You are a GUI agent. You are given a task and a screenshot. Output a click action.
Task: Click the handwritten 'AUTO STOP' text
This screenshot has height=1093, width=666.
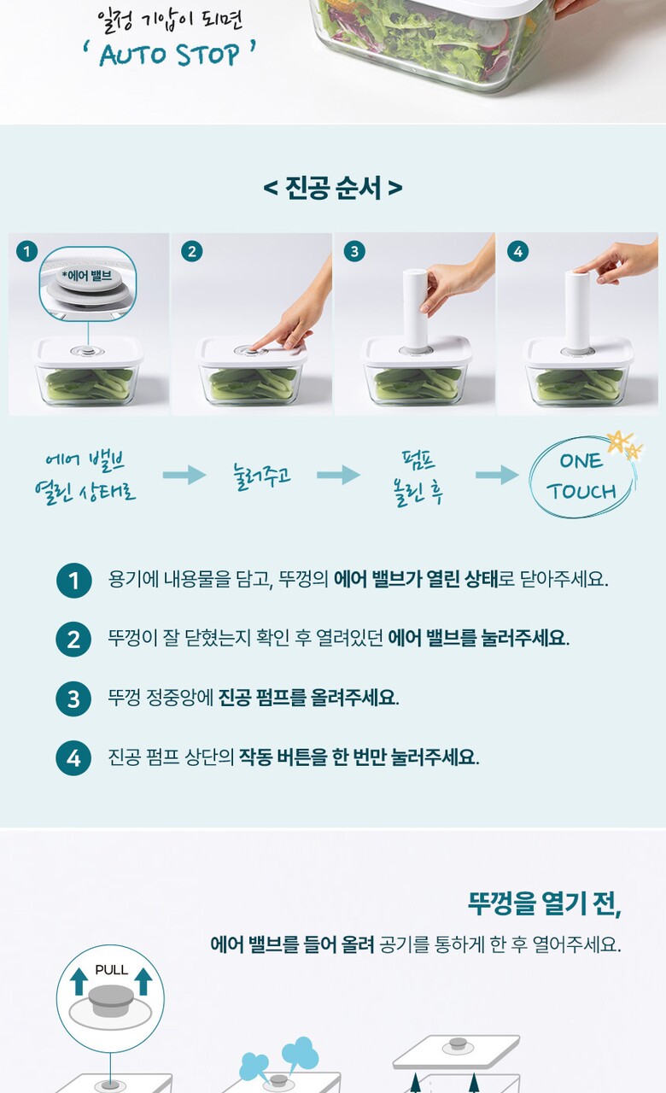(169, 54)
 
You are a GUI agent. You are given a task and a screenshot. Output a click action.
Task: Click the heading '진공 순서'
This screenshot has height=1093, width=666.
(333, 187)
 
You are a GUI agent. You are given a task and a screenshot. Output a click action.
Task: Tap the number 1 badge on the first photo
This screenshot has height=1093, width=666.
(26, 251)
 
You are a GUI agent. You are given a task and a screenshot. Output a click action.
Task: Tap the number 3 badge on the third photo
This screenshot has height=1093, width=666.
(354, 251)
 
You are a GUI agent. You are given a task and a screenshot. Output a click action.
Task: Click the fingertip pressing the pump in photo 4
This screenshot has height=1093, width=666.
(581, 269)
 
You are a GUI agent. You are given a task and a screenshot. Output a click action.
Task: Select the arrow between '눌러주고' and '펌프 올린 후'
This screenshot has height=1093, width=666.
(338, 474)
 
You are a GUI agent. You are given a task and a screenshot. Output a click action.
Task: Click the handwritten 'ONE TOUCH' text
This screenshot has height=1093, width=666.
(581, 476)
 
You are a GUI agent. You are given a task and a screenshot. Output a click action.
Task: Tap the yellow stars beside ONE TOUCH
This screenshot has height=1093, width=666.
(624, 443)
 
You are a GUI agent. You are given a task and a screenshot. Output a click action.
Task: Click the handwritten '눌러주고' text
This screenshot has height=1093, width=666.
(262, 476)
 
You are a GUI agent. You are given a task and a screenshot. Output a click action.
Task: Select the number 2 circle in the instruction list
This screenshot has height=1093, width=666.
(73, 640)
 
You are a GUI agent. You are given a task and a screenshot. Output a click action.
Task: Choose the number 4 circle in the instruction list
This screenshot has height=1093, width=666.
(73, 758)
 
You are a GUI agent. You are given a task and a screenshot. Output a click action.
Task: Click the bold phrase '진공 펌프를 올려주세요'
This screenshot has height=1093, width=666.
(308, 698)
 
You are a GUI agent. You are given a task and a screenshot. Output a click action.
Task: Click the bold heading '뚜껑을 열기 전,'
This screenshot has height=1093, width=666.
(545, 903)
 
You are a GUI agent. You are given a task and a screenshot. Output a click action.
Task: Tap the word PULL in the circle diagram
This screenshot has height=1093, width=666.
(111, 969)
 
